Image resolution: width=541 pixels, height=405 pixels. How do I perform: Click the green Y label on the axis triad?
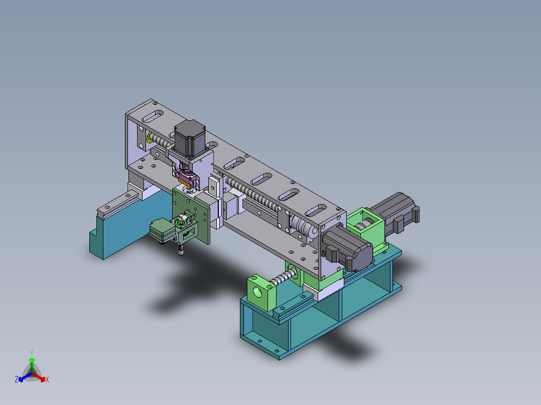(31, 352)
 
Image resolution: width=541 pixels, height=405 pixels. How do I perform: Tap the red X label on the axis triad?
(47, 379)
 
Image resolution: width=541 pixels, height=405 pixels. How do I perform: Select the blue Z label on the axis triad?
(17, 379)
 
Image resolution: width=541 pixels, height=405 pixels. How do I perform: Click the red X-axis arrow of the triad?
(40, 377)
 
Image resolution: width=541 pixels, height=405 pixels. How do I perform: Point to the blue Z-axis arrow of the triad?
(23, 377)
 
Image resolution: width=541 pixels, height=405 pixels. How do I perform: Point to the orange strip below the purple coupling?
(190, 179)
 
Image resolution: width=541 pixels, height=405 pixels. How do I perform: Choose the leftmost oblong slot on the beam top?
(153, 118)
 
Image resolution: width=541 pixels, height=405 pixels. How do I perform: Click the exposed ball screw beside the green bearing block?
(284, 276)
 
